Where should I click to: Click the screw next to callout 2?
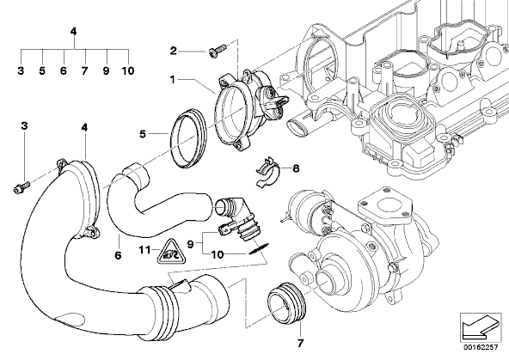click(x=218, y=51)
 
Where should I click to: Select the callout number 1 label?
click(x=172, y=79)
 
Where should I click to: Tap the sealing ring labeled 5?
click(x=188, y=138)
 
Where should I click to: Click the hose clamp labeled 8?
click(x=268, y=172)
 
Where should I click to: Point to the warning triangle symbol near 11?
click(x=169, y=252)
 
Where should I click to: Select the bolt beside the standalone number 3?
click(x=21, y=187)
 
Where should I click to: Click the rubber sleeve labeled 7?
click(x=286, y=303)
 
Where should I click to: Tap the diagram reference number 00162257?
click(x=481, y=348)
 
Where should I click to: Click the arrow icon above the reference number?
click(x=481, y=328)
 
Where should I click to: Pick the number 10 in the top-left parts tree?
click(x=128, y=70)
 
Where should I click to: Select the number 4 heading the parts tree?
click(x=74, y=32)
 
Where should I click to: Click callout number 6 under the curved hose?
click(x=118, y=255)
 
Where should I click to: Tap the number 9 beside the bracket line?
click(x=191, y=244)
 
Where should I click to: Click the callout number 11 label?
click(x=144, y=250)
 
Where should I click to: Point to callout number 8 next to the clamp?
click(x=296, y=168)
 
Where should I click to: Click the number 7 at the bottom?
click(x=300, y=343)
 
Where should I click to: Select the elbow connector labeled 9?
click(x=237, y=218)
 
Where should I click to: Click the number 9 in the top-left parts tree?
click(x=106, y=70)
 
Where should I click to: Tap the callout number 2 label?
click(x=174, y=51)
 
